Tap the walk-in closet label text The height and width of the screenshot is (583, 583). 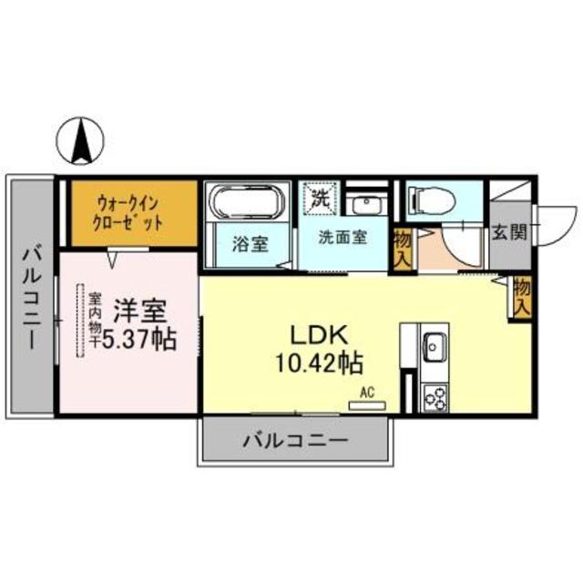(129, 212)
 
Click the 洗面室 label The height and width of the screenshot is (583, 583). (342, 237)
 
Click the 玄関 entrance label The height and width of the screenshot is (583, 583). (509, 232)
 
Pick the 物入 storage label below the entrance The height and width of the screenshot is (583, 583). (521, 298)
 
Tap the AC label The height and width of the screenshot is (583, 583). (367, 393)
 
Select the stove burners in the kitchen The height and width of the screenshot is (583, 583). (435, 398)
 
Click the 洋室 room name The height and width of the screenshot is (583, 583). (138, 310)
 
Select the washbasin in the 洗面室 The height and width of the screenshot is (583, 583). (367, 202)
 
